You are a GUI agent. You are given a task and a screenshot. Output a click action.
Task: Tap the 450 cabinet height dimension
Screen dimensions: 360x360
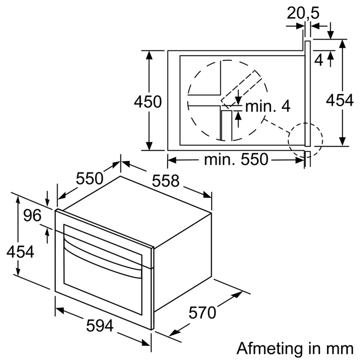click(x=148, y=102)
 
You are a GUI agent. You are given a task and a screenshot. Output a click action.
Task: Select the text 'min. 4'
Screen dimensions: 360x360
click(x=267, y=106)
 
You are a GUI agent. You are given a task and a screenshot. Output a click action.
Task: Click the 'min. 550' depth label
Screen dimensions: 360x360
click(x=235, y=160)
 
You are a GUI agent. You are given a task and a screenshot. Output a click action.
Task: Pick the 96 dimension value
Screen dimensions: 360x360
click(x=32, y=216)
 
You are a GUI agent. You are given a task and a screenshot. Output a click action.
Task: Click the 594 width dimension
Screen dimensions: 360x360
click(x=100, y=326)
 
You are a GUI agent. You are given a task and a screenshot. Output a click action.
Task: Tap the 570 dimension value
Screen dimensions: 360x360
click(x=202, y=312)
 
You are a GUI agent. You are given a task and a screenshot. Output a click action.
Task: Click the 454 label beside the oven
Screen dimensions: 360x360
click(x=20, y=252)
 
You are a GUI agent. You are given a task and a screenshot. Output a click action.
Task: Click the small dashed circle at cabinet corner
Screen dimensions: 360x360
click(x=305, y=140)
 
